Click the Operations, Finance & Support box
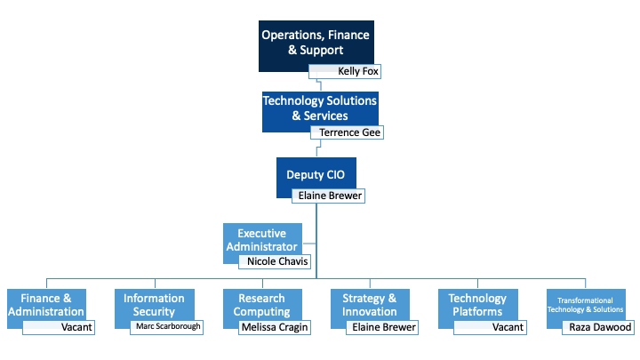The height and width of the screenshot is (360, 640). coord(315,43)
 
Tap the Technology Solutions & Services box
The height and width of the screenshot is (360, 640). coord(319,108)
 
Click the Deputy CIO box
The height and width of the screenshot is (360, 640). coord(316,174)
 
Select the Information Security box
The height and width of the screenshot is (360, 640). coord(154,304)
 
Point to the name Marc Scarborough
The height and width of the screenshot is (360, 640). coord(167,327)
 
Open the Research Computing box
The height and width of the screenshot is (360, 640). coord(262,304)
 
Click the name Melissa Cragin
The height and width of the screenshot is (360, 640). coord(276,327)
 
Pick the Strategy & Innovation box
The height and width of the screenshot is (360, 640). coord(371,304)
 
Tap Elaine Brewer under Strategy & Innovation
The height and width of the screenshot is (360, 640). coord(384,327)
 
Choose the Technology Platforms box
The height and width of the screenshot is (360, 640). coord(478,304)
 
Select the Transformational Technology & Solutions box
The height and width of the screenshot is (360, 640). coord(587,304)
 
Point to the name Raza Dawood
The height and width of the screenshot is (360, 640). coord(600,327)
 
